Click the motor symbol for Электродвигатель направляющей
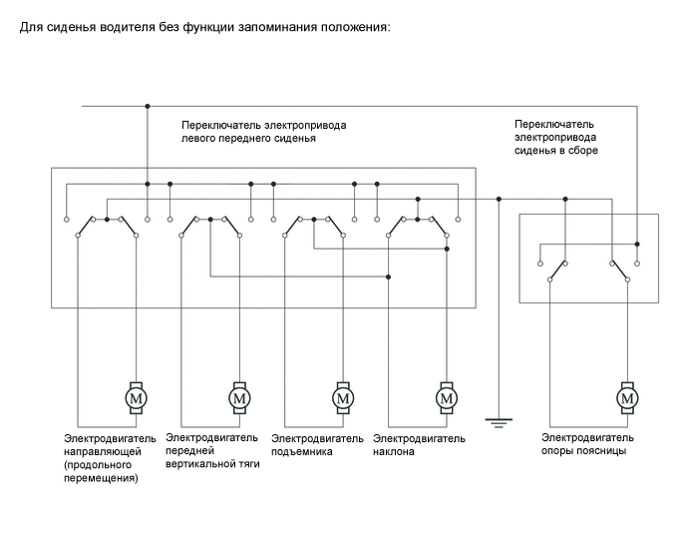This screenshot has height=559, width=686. pyautogui.click(x=136, y=397)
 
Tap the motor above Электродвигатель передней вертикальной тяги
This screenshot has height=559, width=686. pyautogui.click(x=239, y=397)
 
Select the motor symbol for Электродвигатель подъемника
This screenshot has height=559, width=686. pyautogui.click(x=343, y=397)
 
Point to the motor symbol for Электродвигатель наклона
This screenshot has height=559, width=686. pyautogui.click(x=446, y=397)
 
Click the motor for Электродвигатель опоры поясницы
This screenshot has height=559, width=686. pyautogui.click(x=627, y=397)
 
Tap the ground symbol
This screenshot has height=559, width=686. pyautogui.click(x=496, y=422)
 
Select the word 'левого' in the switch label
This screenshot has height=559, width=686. pyautogui.click(x=202, y=139)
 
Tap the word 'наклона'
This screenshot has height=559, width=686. pyautogui.click(x=393, y=451)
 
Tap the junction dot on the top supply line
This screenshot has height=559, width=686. pyautogui.click(x=148, y=105)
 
